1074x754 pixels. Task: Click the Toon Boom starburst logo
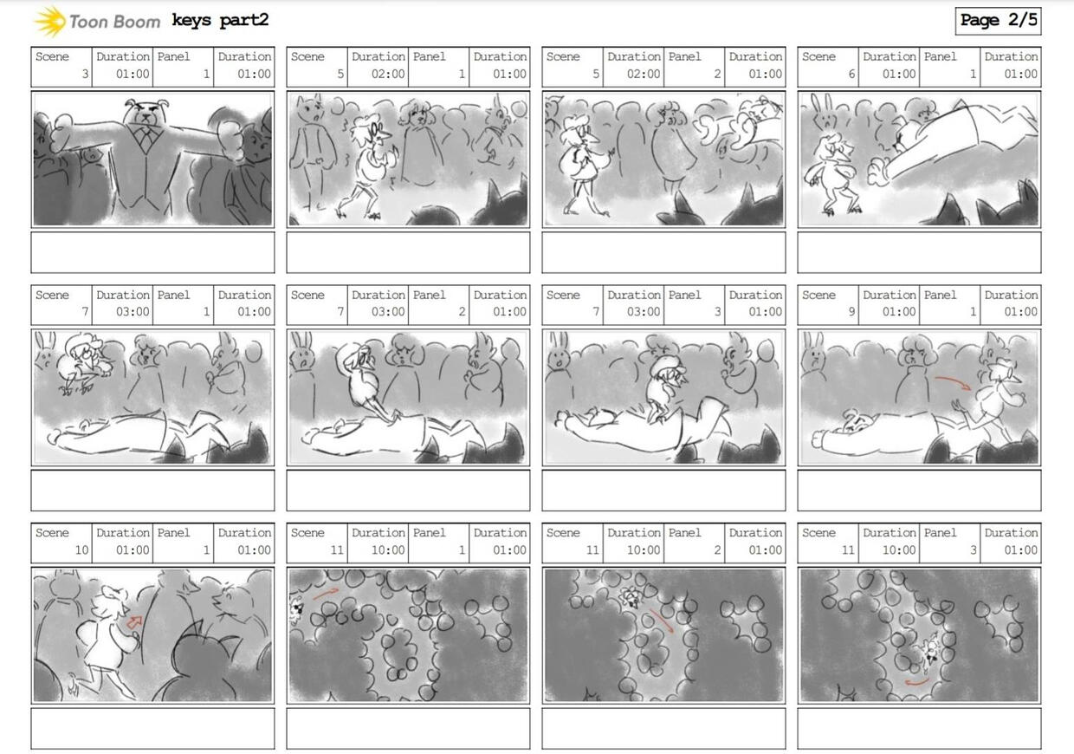coord(50,21)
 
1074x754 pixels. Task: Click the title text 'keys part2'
coord(220,21)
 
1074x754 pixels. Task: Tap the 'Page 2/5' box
coord(998,21)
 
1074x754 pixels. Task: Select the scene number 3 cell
coord(61,67)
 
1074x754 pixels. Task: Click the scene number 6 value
coord(851,74)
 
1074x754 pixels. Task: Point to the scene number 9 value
coord(851,312)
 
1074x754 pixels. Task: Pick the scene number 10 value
coord(81,549)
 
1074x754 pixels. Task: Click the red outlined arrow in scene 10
coord(135,622)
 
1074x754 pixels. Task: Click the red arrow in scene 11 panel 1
coord(326,594)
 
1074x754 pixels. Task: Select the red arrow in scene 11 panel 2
coord(661,620)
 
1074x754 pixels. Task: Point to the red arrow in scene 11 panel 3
coord(916,682)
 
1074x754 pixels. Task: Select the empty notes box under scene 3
coord(153,252)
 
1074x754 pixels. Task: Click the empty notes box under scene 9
coord(919,491)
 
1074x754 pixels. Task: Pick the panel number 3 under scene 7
coord(717,312)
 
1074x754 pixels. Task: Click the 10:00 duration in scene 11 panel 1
coord(388,549)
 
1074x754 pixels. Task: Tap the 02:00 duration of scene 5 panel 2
coord(644,74)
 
